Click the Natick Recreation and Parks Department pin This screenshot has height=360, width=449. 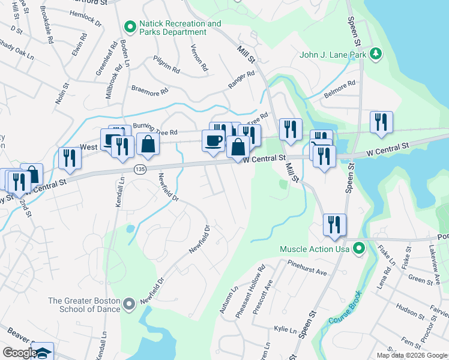129,27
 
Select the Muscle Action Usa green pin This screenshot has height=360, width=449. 359,248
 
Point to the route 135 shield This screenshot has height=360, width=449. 140,169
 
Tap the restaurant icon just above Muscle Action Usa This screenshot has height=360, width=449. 334,224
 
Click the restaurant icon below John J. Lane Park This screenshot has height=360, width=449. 381,122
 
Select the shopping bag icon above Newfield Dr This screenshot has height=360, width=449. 148,144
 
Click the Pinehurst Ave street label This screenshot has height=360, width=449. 306,268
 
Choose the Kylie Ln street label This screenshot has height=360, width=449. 285,330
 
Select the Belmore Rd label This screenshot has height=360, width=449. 340,88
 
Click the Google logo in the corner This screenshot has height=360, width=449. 20,353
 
